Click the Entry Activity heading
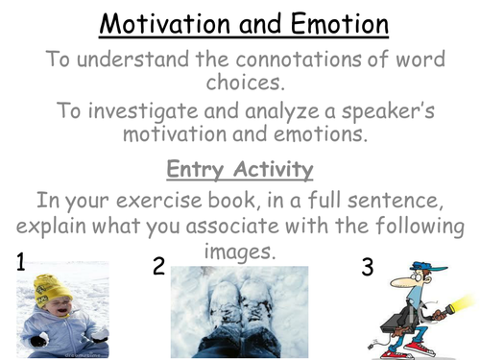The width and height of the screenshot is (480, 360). click(239, 170)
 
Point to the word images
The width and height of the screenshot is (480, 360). click(239, 252)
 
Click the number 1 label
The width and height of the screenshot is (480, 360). click(19, 261)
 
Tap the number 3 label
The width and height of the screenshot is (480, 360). click(367, 268)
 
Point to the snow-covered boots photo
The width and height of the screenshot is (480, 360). click(239, 312)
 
